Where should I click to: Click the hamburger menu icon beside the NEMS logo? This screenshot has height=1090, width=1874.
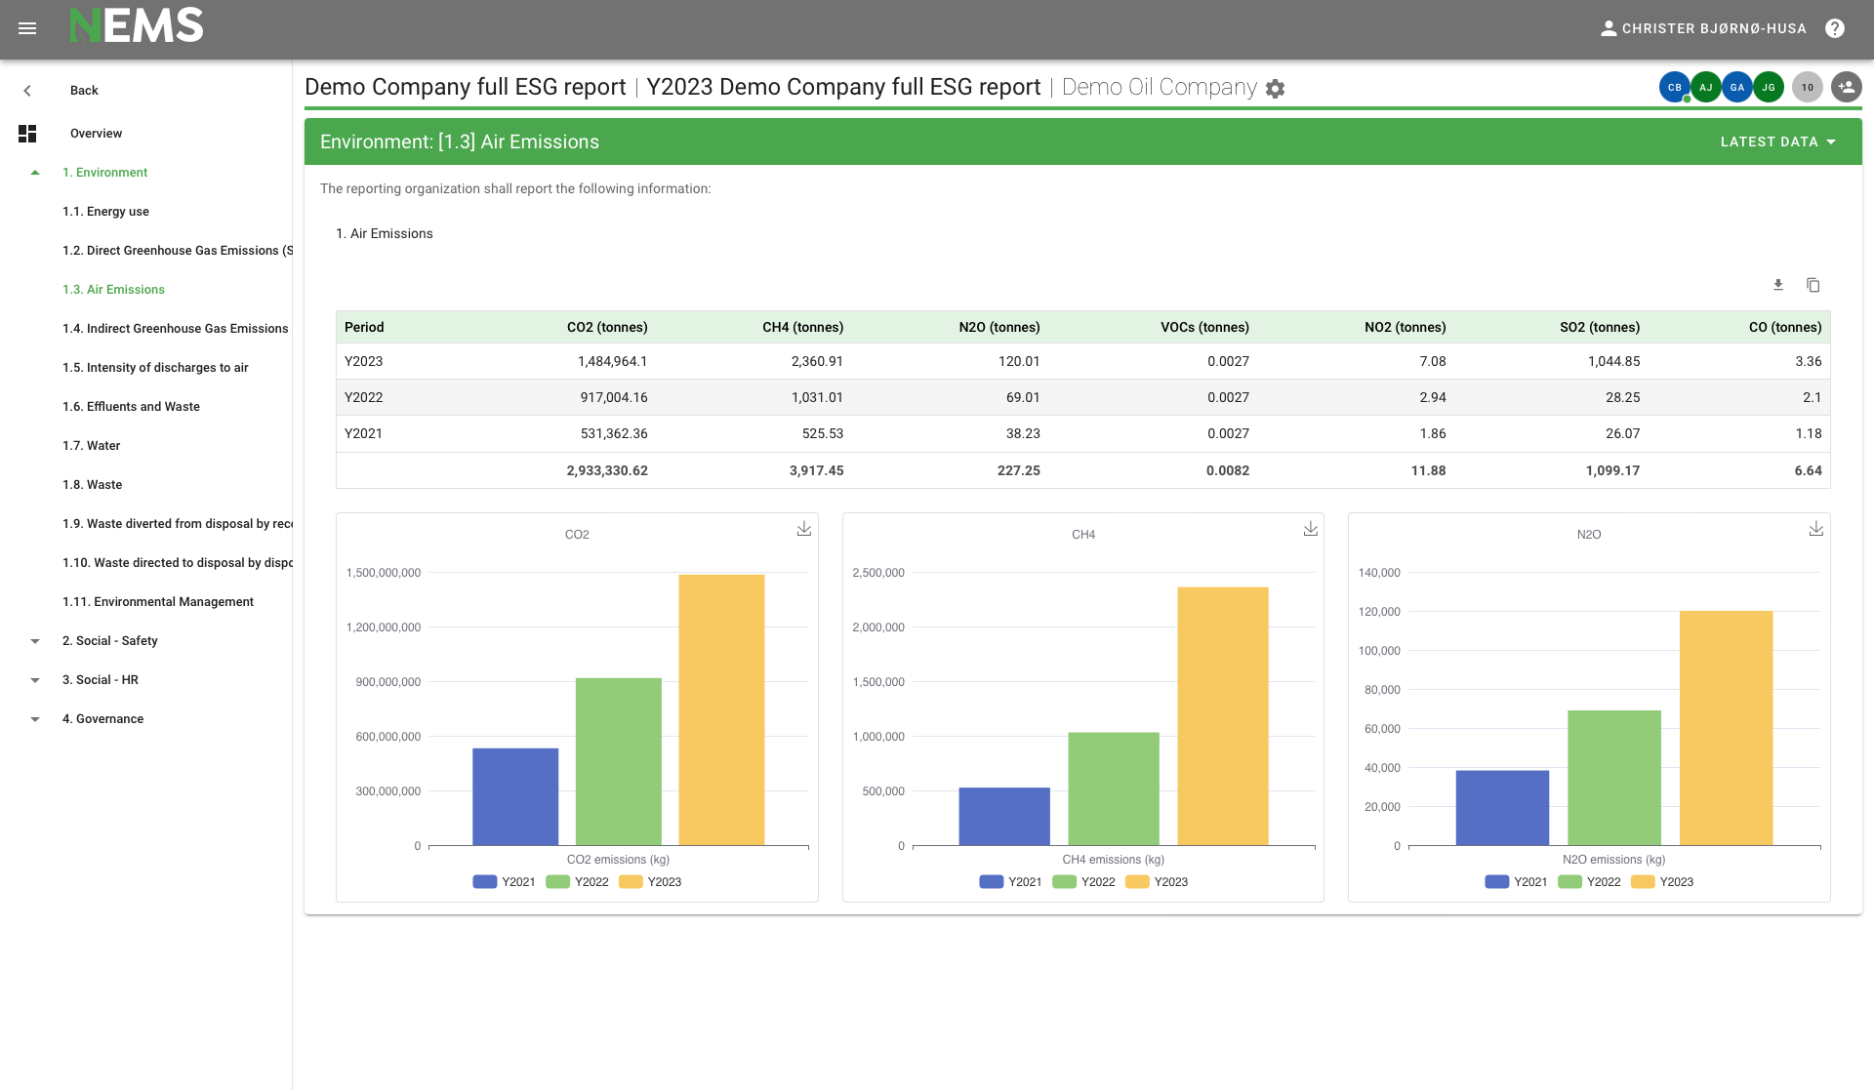(27, 28)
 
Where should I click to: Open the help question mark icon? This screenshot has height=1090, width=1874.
(1835, 28)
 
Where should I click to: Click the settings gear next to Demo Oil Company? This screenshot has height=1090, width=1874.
(1275, 89)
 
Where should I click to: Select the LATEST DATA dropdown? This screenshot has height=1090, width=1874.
(1777, 141)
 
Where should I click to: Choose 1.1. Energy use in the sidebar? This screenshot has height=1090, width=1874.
(105, 211)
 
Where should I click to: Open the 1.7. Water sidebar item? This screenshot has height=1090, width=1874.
(91, 445)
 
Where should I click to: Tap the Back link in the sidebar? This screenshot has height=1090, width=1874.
(84, 90)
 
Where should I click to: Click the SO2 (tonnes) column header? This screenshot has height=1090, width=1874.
(1599, 327)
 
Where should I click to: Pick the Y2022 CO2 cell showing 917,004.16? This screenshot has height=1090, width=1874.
(613, 397)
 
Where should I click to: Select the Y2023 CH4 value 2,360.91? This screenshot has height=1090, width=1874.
(817, 361)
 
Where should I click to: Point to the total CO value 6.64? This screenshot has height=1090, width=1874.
(1808, 470)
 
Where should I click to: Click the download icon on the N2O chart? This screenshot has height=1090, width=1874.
(1815, 528)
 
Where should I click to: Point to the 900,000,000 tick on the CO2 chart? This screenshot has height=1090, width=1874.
(387, 682)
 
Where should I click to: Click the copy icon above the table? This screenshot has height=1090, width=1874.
(1813, 285)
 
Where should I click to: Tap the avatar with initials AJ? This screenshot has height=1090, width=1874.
(1705, 87)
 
